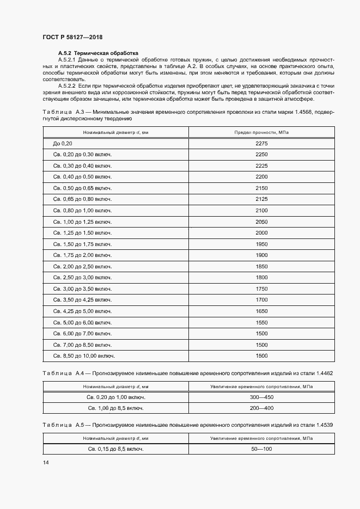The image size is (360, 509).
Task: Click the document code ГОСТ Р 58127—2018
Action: coord(72,37)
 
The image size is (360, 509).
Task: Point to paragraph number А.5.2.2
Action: coord(68,87)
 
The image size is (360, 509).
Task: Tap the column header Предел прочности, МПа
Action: coord(261,133)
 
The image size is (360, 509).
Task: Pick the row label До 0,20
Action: coord(63,143)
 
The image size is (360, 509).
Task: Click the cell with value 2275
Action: coord(261,143)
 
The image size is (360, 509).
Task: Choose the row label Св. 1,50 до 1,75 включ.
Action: coord(82,244)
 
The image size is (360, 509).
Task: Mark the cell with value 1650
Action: coord(261,311)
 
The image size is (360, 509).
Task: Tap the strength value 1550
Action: coord(261,322)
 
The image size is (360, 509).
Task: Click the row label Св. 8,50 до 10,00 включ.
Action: coord(84,355)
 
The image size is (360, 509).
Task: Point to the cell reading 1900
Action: coord(261,255)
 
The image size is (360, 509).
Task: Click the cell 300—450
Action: coord(261,397)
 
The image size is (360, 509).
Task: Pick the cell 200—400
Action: coord(261,408)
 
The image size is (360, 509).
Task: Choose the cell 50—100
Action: coord(261,449)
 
